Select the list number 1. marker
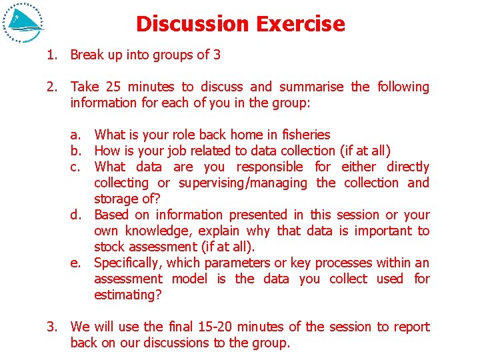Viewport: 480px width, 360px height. pos(52,55)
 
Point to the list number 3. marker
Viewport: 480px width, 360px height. pos(52,327)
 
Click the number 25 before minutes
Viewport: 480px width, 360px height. pos(113,87)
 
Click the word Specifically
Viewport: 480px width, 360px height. pos(129,263)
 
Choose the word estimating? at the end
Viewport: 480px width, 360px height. pos(127,295)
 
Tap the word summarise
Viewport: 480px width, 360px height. pos(311,87)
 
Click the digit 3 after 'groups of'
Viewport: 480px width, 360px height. pos(217,55)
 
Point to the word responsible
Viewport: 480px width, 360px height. pos(269,167)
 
